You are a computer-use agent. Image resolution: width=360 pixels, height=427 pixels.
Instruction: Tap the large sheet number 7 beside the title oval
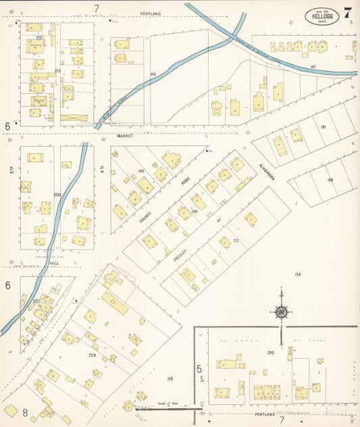pyautogui.click(x=348, y=13)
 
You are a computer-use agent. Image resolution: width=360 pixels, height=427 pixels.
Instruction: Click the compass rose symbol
pyautogui.click(x=280, y=311)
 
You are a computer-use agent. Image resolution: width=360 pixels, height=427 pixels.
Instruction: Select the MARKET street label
pyautogui.click(x=125, y=136)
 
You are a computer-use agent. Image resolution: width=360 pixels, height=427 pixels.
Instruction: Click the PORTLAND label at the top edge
pyautogui.click(x=151, y=14)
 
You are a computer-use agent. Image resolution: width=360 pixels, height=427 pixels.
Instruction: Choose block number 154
pyautogui.click(x=298, y=274)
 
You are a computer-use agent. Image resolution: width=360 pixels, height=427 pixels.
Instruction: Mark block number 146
pyautogui.click(x=153, y=74)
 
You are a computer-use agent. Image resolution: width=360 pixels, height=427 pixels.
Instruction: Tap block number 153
pyautogui.click(x=330, y=180)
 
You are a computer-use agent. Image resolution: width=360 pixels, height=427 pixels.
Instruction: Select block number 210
pyautogui.click(x=270, y=352)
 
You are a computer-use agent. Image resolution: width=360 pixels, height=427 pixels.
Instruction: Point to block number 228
pyautogui.click(x=92, y=355)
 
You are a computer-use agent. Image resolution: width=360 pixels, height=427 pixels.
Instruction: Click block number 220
pyautogui.click(x=57, y=195)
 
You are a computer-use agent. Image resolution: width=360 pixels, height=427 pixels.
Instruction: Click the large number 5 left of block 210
pyautogui.click(x=199, y=369)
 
